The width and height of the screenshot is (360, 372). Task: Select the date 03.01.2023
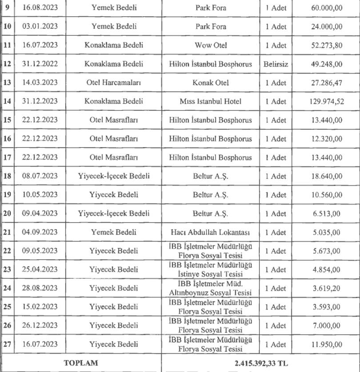40,27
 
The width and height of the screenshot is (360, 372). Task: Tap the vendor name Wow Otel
211,45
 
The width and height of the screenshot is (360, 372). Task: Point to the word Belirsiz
276,64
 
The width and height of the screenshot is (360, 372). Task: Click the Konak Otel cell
211,83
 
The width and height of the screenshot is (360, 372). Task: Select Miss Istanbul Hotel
211,101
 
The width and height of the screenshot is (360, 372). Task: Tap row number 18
7,176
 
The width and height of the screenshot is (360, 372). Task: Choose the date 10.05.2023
40,195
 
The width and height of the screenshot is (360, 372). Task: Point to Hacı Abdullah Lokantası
211,232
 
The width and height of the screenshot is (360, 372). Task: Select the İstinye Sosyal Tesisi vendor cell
211,269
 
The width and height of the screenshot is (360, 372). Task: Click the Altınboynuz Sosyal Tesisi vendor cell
211,288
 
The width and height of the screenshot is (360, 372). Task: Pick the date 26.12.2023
40,325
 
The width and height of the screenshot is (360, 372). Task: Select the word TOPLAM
81,362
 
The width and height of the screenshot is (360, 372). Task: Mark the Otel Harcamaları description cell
112,83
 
